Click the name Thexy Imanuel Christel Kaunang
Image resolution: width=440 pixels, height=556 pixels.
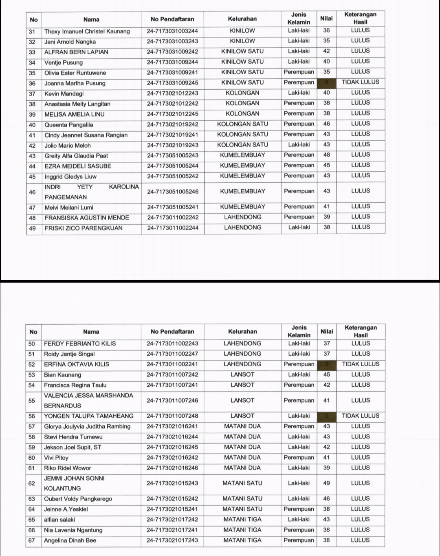point(87,31)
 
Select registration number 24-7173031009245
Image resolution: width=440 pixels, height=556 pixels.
point(173,83)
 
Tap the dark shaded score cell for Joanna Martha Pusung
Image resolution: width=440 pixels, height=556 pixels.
point(326,83)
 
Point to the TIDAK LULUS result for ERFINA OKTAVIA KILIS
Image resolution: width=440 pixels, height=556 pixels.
point(361,364)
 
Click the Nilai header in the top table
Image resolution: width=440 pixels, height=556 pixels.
point(326,18)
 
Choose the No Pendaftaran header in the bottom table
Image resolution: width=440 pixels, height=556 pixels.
point(172,332)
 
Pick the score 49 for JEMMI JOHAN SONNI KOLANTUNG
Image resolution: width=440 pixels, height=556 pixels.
point(326,483)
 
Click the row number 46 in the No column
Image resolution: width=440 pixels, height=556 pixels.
point(33,192)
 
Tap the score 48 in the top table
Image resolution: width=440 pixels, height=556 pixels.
point(327,155)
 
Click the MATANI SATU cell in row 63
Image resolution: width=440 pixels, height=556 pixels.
point(242,499)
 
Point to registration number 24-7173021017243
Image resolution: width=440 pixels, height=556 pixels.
point(172,540)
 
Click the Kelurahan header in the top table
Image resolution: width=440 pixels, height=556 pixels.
point(242,19)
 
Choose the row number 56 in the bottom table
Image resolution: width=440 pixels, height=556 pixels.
point(32,416)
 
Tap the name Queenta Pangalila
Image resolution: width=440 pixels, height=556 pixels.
point(68,125)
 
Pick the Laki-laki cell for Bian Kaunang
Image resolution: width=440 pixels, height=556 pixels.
point(299,374)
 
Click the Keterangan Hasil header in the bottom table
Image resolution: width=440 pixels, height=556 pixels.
point(361,331)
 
